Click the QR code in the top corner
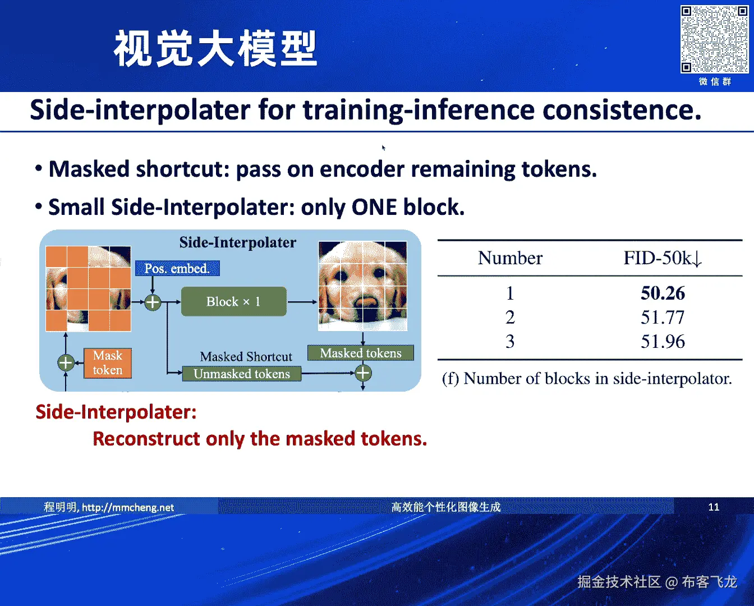(x=714, y=39)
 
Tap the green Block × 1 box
(x=234, y=301)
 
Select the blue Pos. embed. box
(x=177, y=268)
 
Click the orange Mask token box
(x=108, y=363)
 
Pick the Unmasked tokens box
(x=242, y=374)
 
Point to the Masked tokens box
(x=361, y=353)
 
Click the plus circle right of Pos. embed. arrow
(x=153, y=302)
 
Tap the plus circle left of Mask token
(x=66, y=363)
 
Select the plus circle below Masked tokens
(x=363, y=373)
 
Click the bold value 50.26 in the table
(x=663, y=293)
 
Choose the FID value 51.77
(x=663, y=317)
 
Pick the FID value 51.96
(x=663, y=341)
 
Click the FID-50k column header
(x=663, y=258)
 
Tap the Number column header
(x=510, y=258)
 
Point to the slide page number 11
(x=714, y=507)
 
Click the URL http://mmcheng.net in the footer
(x=128, y=507)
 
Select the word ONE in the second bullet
(x=374, y=207)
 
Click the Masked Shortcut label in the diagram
(x=246, y=356)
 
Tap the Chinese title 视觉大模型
(x=215, y=48)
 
